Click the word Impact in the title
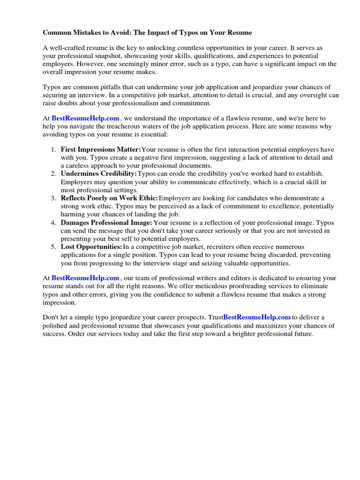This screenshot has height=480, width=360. pos(155,32)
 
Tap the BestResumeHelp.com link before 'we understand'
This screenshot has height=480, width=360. pos(86,119)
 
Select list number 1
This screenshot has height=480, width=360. pos(52,150)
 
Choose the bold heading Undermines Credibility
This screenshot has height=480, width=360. pos(98,174)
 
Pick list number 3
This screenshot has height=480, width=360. pos(52,198)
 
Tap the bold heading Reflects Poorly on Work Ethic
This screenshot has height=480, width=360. pos(109,198)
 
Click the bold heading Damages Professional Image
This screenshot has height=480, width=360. pos(106,222)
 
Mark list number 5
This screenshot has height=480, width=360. pos(52,247)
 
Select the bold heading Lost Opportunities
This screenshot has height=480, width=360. pos(91,247)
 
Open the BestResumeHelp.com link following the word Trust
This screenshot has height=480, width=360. pos(257,318)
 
